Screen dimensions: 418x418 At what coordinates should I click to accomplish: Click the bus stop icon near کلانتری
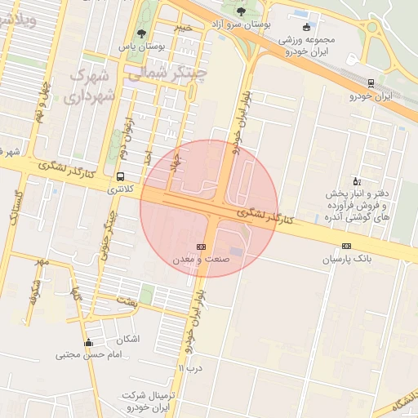[x=121, y=176]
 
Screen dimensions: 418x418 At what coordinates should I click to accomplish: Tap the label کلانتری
[x=121, y=189]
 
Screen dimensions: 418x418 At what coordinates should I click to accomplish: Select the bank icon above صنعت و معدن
[x=201, y=247]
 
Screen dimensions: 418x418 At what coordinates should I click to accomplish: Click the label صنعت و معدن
[x=201, y=259]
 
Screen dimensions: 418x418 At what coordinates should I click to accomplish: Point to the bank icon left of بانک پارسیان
[x=347, y=247]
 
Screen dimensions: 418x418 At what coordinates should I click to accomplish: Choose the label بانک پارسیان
[x=346, y=259]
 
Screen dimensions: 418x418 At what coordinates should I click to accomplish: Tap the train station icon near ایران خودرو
[x=372, y=83]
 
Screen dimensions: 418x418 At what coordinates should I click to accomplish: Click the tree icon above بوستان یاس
[x=142, y=33]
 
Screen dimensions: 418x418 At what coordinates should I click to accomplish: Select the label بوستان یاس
[x=142, y=47]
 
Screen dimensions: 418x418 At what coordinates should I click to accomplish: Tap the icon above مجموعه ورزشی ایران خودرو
[x=306, y=26]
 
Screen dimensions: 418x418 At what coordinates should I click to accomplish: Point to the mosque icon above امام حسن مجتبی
[x=88, y=343]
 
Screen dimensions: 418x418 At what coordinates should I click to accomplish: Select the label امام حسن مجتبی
[x=88, y=355]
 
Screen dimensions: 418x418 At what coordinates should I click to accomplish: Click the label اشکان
[x=129, y=339]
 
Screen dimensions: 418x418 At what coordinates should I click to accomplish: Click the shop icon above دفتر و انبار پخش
[x=356, y=181]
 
